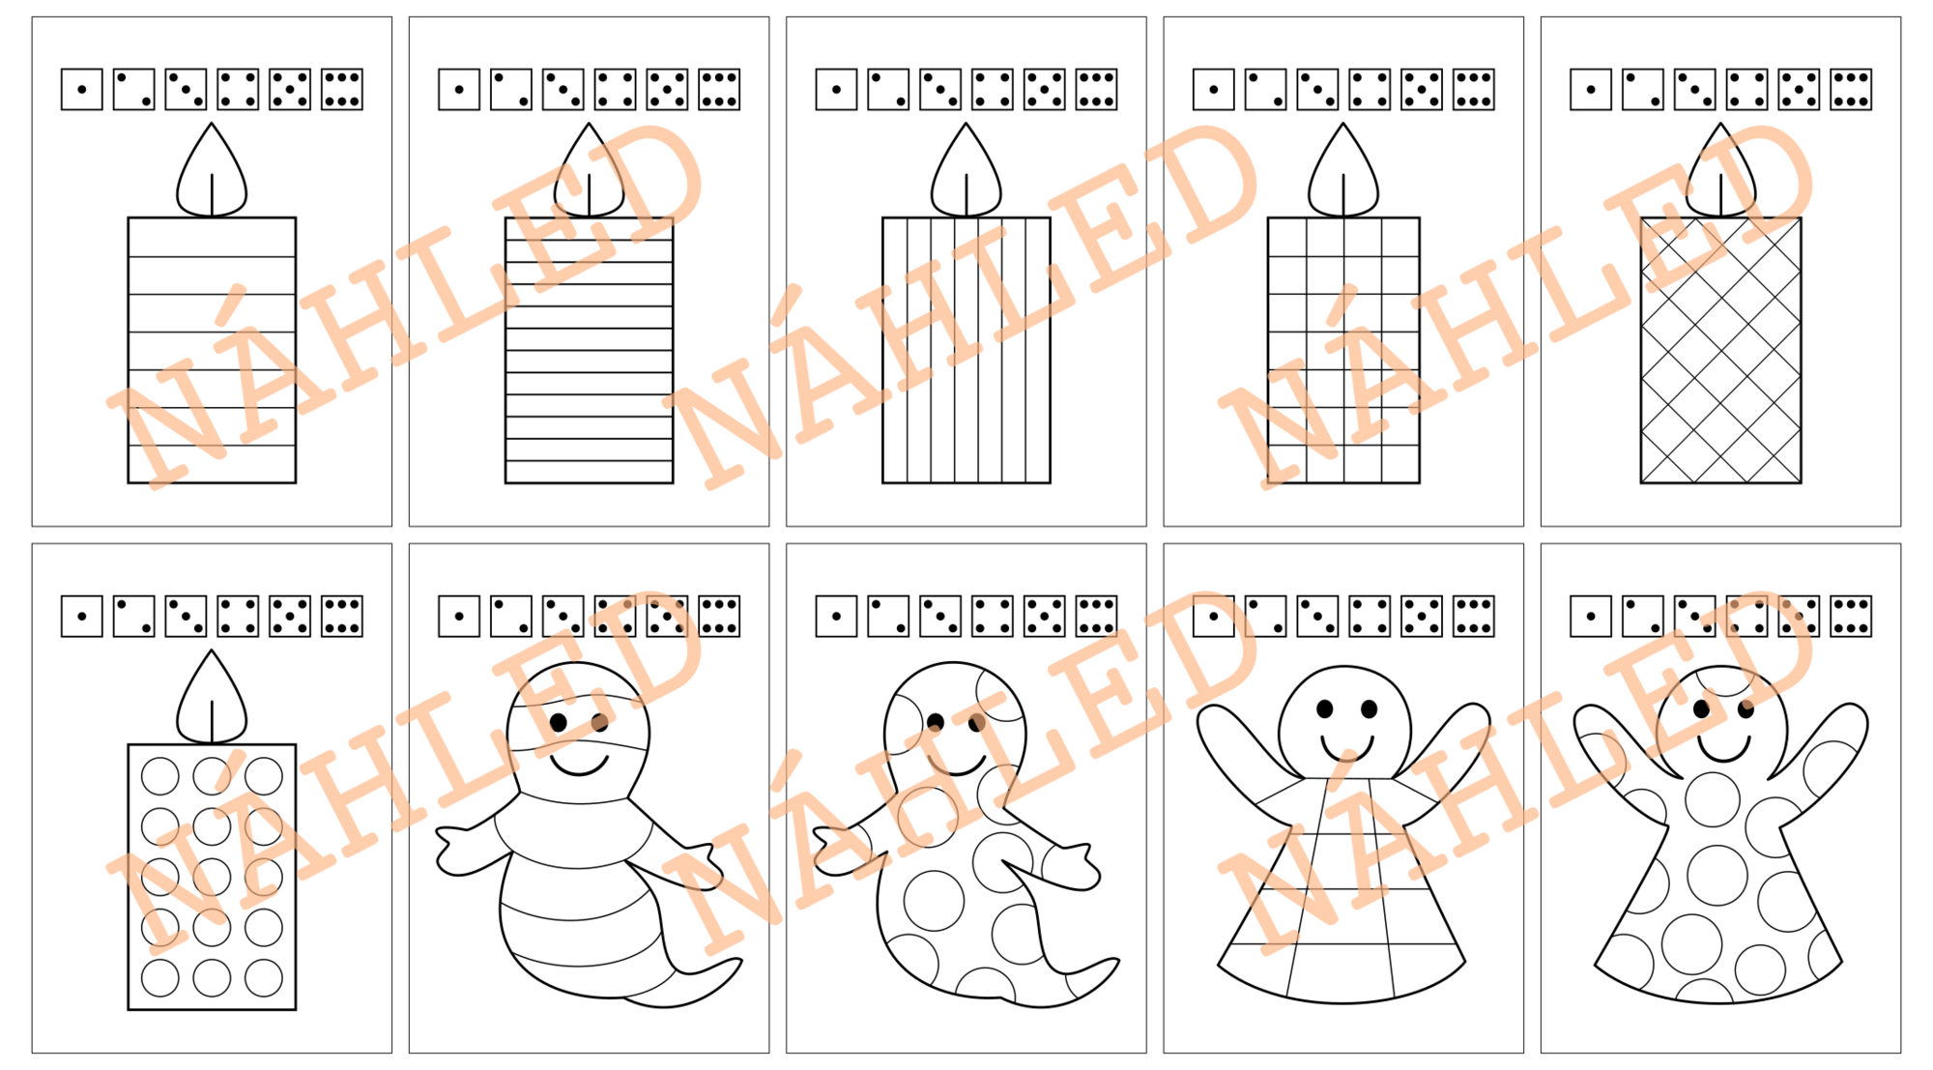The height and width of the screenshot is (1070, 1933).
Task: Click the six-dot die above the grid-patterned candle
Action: pyautogui.click(x=1473, y=89)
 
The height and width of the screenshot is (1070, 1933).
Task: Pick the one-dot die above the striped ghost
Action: pyautogui.click(x=459, y=616)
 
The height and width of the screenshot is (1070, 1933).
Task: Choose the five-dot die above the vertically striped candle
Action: pyautogui.click(x=1044, y=89)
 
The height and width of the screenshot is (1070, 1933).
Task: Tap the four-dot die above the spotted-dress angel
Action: pyautogui.click(x=1746, y=616)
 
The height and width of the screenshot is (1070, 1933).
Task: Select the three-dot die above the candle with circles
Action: pyautogui.click(x=186, y=616)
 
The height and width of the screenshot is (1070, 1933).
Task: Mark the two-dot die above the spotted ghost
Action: pyautogui.click(x=888, y=616)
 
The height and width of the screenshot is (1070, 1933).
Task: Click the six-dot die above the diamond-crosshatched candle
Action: pyautogui.click(x=1851, y=89)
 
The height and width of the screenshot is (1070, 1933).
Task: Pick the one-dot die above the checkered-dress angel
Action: pyautogui.click(x=1213, y=616)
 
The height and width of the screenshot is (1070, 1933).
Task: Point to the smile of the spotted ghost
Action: pyautogui.click(x=956, y=766)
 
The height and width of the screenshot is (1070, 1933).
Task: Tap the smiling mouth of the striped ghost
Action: pyautogui.click(x=579, y=766)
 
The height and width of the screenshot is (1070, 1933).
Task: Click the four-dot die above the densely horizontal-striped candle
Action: pyautogui.click(x=615, y=89)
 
